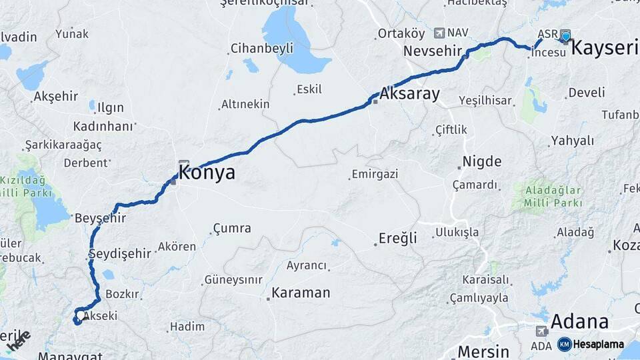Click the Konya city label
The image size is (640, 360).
click(x=207, y=173)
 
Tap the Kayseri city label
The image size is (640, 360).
click(x=605, y=48)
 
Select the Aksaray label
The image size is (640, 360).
click(x=410, y=94)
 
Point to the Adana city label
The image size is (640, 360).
click(x=579, y=323)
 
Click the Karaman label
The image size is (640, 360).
click(x=301, y=293)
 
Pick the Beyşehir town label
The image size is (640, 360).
click(x=101, y=218)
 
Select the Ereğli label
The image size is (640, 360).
click(x=398, y=238)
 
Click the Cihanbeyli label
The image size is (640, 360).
click(x=262, y=48)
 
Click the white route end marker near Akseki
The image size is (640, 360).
click(x=81, y=315)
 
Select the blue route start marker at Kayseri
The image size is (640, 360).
click(x=565, y=36)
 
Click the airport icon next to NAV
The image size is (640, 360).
click(x=439, y=33)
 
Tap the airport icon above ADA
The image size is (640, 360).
click(x=541, y=331)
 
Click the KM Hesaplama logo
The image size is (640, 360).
click(x=591, y=344)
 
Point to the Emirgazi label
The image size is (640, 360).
click(x=374, y=174)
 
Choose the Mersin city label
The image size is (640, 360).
click(x=483, y=351)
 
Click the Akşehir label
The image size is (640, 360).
click(x=56, y=97)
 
